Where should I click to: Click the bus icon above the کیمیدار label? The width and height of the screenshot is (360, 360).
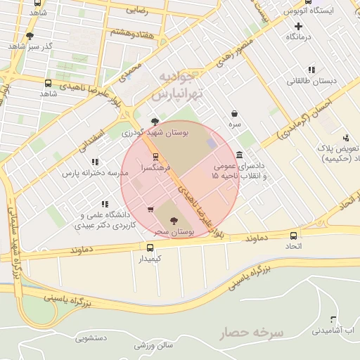click(150, 247)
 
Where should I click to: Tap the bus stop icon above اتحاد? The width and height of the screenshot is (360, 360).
click(293, 236)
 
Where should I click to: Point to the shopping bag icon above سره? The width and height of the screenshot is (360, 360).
click(233, 113)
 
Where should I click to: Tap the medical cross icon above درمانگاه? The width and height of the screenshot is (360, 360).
click(299, 26)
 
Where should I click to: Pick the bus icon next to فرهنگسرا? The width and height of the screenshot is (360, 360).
click(155, 157)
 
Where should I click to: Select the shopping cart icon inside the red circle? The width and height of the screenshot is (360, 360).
click(150, 209)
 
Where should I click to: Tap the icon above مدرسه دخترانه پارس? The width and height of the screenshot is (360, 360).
click(95, 162)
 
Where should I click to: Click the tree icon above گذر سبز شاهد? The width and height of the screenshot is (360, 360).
click(30, 35)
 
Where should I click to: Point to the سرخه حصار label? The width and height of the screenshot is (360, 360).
click(250, 332)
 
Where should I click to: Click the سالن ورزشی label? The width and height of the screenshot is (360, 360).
click(154, 346)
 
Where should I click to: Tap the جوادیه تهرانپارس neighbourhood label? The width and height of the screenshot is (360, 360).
click(176, 84)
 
